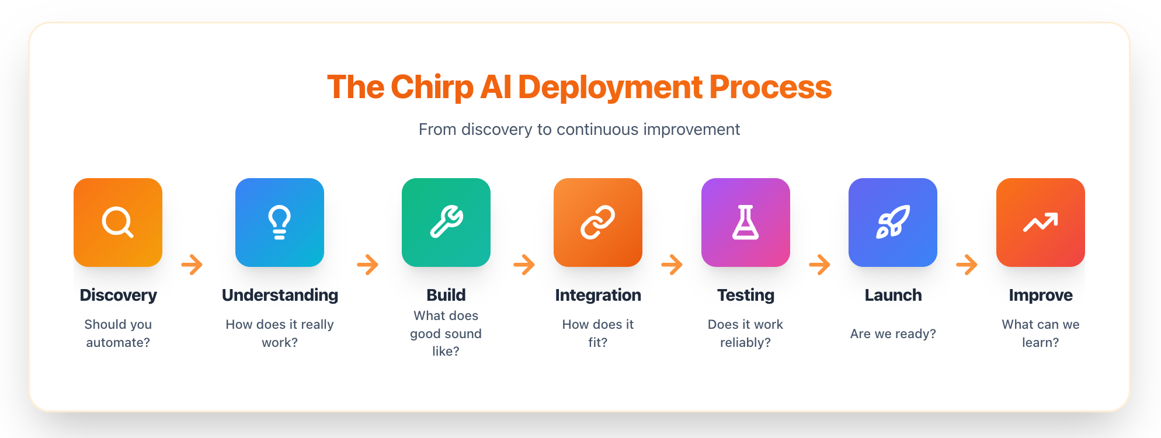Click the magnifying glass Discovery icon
point(118,223)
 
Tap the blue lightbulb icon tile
point(280,223)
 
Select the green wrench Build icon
point(446,223)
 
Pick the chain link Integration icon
point(598,223)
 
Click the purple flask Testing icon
point(746,223)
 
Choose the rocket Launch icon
point(893,223)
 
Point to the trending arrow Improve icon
point(1041,223)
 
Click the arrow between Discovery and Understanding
point(192,265)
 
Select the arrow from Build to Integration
point(524,265)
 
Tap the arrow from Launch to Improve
point(967,265)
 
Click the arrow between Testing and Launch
point(820,265)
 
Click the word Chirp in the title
point(432,88)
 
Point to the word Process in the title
point(770,88)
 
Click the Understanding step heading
point(280,296)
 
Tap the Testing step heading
point(746,296)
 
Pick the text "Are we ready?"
point(893,333)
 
